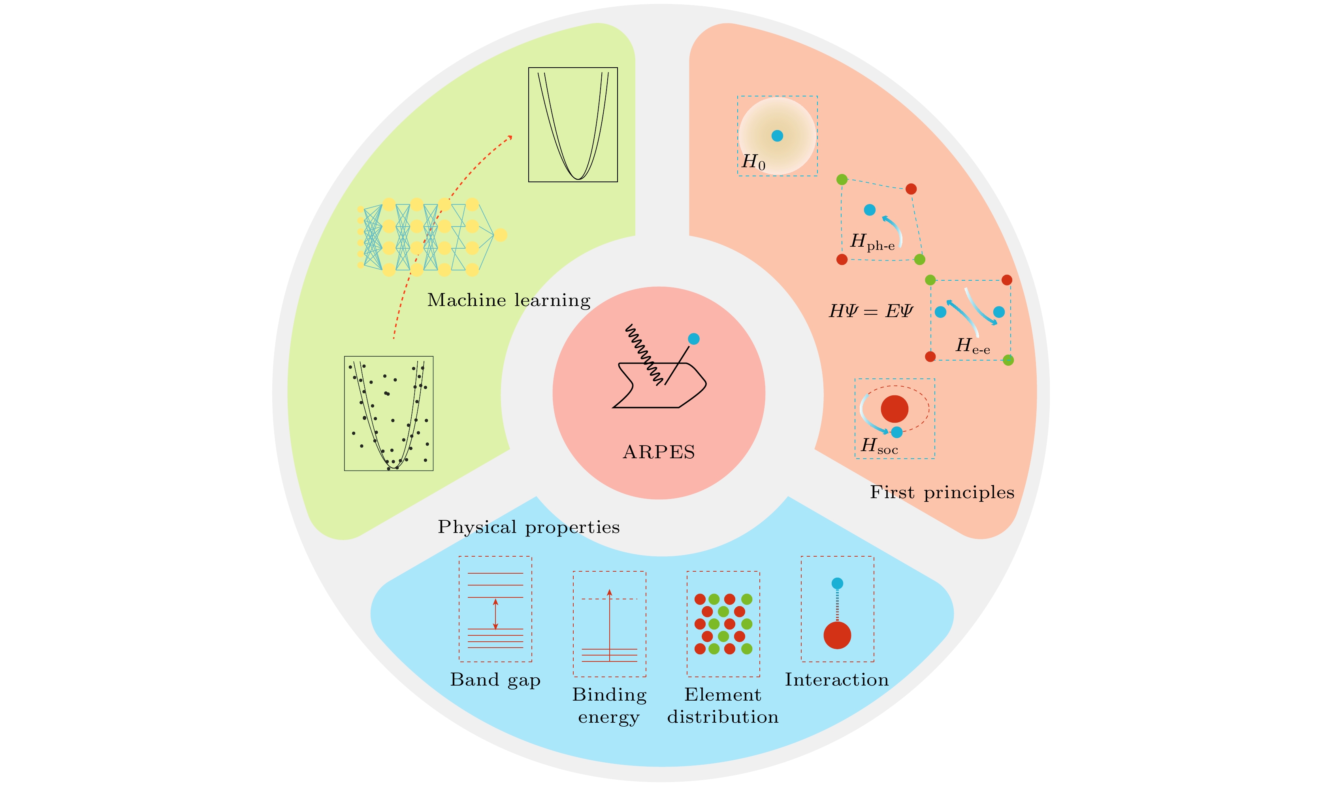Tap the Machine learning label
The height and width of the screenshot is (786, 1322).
[x=508, y=300]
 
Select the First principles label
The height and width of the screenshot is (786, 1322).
[x=942, y=493]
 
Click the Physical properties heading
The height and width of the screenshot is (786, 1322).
[x=529, y=527]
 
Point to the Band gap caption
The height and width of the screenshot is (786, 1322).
[x=495, y=680]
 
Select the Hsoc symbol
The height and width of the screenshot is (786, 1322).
[x=879, y=446]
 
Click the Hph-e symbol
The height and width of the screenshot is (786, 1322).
[x=872, y=242]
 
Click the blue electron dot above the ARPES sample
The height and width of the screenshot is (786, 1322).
[x=693, y=339]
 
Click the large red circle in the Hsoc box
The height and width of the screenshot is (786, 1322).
[x=895, y=409]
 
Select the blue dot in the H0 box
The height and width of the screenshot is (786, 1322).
[x=777, y=136]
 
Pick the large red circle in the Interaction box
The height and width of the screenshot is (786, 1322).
[x=837, y=635]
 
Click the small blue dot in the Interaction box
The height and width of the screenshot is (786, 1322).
[x=837, y=584]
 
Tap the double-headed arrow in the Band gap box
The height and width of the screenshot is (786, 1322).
[x=495, y=614]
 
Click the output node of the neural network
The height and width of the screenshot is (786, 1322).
[x=500, y=234]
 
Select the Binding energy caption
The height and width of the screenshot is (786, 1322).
[x=609, y=705]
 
